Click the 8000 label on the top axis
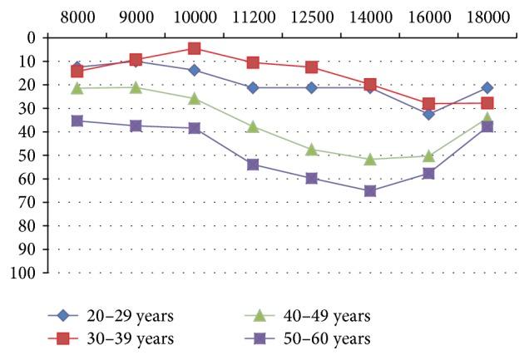tap(77, 17)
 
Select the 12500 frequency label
tap(311, 17)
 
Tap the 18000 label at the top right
tap(487, 17)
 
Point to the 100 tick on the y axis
tap(24, 273)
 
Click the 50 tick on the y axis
tap(28, 155)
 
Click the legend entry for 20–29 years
tap(129, 316)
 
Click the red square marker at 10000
tap(194, 48)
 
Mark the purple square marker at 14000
tap(370, 191)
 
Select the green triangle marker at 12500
tap(311, 150)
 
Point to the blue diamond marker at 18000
tap(487, 87)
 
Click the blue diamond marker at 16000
tap(428, 114)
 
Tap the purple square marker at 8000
tap(77, 121)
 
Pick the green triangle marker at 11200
tap(253, 126)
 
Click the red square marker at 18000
tap(487, 103)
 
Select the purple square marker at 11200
tap(253, 165)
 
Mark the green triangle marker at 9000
tap(136, 86)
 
